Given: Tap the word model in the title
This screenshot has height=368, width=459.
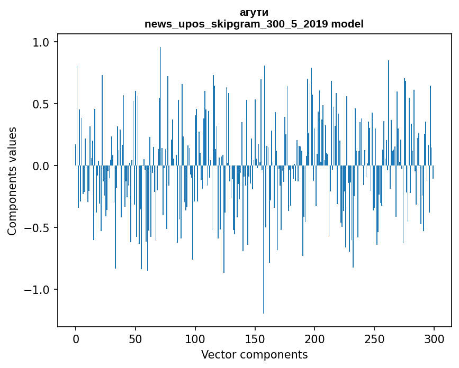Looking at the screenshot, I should [351, 24].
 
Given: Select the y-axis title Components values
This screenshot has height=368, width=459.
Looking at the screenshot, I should [12, 181].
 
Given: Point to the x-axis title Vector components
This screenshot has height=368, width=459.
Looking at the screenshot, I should [254, 355].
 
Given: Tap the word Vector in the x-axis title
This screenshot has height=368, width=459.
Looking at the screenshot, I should [217, 355].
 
